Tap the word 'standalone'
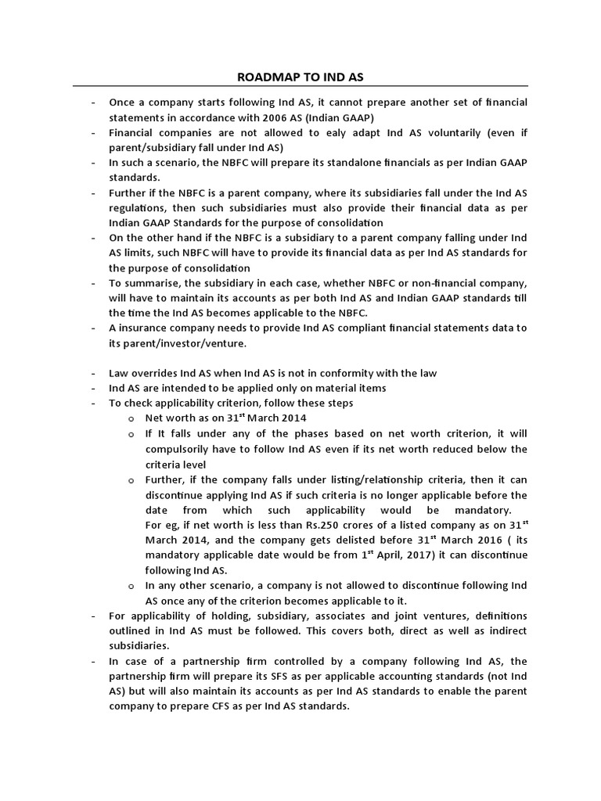330,162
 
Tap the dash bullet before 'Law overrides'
93,373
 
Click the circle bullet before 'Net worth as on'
132,418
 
